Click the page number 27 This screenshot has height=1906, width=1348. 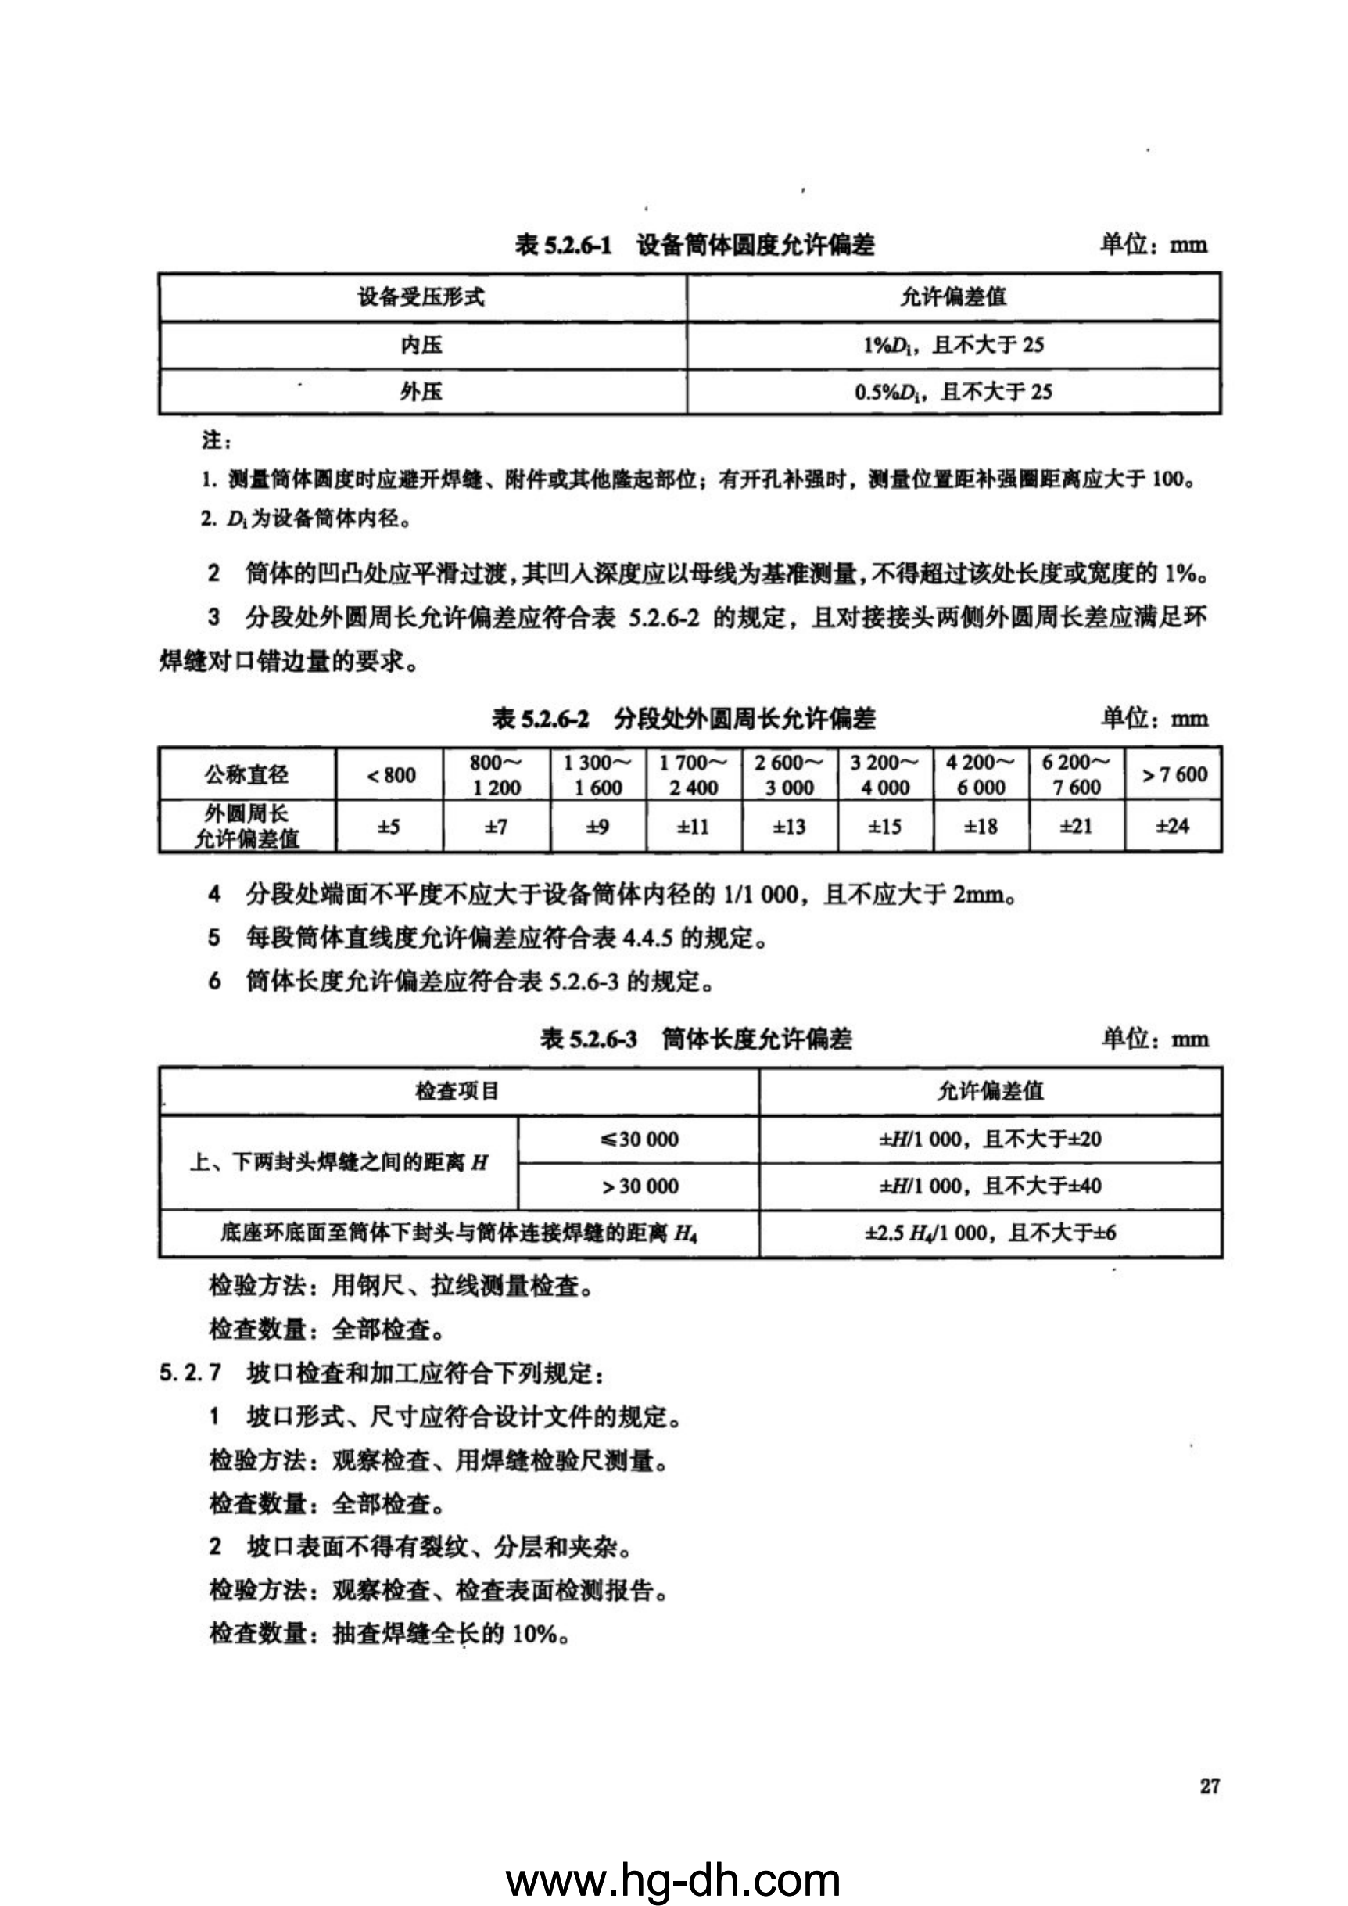pos(1210,1786)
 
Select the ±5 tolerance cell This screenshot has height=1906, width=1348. pos(389,827)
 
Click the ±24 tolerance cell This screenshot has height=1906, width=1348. pos(1172,826)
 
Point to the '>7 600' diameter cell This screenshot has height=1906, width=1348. pos(1174,775)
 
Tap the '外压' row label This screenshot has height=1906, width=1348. pos(421,391)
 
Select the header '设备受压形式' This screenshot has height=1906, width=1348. pos(421,297)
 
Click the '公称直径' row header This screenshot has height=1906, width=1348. pos(246,775)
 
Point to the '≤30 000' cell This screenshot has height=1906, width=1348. pos(638,1139)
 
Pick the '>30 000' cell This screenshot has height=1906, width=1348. pos(638,1186)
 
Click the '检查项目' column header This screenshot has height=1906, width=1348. pos(457,1091)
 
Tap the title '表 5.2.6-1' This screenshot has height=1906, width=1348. pos(563,245)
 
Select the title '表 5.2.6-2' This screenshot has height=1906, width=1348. pos(540,719)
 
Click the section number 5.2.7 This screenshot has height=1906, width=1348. pos(190,1373)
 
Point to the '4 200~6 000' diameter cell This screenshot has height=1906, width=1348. pos(981,775)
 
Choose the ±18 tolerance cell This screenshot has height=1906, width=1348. pos(981,827)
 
